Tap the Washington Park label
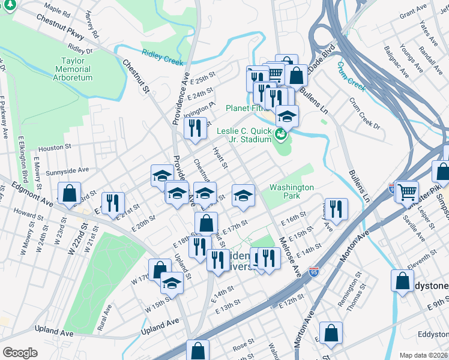click(292, 191)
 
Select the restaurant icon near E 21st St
click(112, 202)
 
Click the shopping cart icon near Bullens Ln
click(408, 191)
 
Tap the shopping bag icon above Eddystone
click(402, 280)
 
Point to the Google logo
click(20, 352)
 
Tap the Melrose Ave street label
click(289, 255)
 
